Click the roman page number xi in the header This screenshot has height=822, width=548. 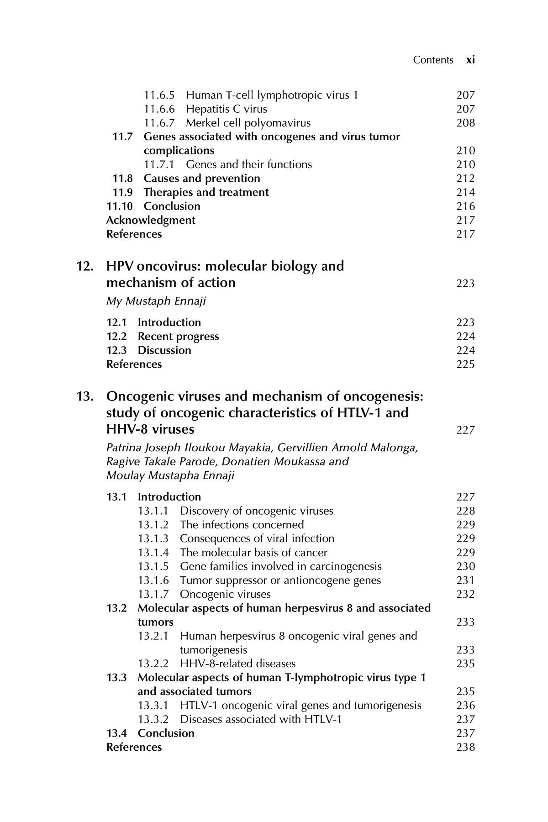point(470,60)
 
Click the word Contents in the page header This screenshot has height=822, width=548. point(433,60)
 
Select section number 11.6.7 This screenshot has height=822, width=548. point(159,123)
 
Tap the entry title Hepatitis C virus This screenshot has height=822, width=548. point(227,109)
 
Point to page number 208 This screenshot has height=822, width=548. point(465,123)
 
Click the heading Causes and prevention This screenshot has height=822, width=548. point(202,179)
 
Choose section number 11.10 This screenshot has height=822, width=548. point(120,206)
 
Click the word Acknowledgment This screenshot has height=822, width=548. point(151,220)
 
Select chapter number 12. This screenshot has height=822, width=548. point(84,266)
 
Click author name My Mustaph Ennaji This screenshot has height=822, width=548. point(156,301)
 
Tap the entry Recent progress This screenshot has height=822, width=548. point(179,337)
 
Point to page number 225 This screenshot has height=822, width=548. point(465,364)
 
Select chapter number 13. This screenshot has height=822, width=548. point(84,397)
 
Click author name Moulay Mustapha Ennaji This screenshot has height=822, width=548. point(170,476)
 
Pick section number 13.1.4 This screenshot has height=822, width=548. point(153,553)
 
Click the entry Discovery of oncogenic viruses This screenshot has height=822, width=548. point(257,511)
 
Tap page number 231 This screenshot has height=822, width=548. point(465,580)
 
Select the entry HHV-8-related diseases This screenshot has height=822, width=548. point(238,664)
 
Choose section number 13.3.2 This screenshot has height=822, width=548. point(153,719)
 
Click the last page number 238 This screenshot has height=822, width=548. point(465,747)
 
